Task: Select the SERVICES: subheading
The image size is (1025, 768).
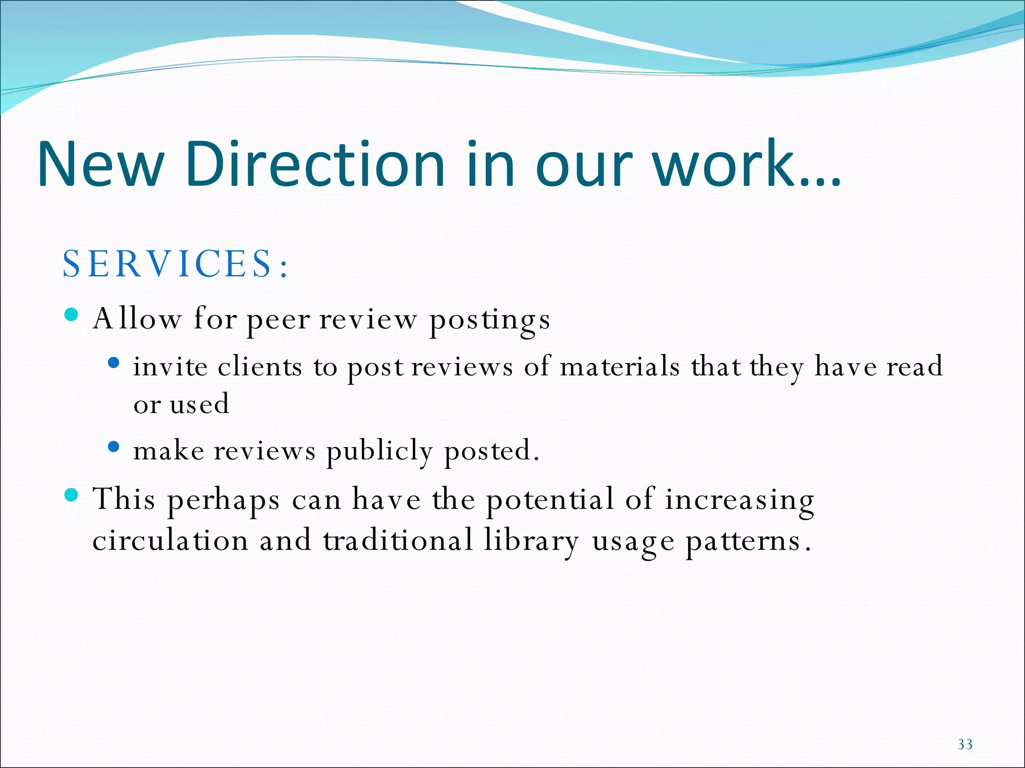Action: point(175,263)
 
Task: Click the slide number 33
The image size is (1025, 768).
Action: point(965,744)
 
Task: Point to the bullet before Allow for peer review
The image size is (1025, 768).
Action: point(72,314)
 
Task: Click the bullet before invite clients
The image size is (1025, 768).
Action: point(114,362)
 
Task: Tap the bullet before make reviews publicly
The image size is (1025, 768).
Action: point(114,446)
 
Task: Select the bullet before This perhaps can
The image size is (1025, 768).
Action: point(72,495)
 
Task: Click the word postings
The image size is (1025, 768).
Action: point(490,320)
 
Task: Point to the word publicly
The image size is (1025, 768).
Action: point(379,451)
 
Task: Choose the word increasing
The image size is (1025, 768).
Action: point(739,500)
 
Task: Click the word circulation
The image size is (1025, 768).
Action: point(170,540)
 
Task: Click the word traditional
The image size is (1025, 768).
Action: point(398,540)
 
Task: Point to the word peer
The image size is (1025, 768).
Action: point(278,320)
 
